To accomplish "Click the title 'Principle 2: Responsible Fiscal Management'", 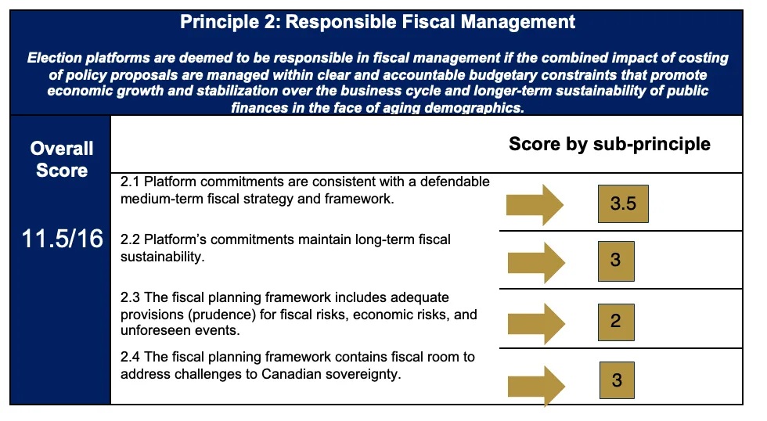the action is pos(377,22).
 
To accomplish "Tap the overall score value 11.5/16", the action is pos(62,239).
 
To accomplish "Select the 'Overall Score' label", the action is pos(62,160).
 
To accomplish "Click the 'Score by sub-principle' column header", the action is pos(610,144).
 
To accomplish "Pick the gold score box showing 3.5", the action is pos(623,204).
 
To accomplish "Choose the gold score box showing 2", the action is pos(616,322).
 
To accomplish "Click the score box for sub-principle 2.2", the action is pos(616,261).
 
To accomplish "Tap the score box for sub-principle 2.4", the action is pos(617,380).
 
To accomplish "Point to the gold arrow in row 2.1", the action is pos(535,205).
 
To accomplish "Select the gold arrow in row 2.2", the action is pos(537,263).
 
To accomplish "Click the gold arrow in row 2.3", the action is pos(537,324).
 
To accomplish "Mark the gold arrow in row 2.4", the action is pos(537,386).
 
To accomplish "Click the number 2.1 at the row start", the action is pos(130,182).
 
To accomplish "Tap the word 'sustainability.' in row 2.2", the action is pos(163,257).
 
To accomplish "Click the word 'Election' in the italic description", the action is pos(55,58).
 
